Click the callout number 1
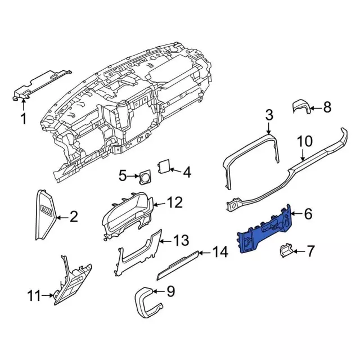[x=24, y=119]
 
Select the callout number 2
[x=73, y=216]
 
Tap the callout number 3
[x=269, y=116]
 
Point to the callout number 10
[x=304, y=141]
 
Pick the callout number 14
[x=221, y=253]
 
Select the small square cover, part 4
[x=164, y=166]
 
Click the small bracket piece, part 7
[x=286, y=250]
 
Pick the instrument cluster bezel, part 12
[x=129, y=217]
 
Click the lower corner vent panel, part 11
[x=72, y=281]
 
